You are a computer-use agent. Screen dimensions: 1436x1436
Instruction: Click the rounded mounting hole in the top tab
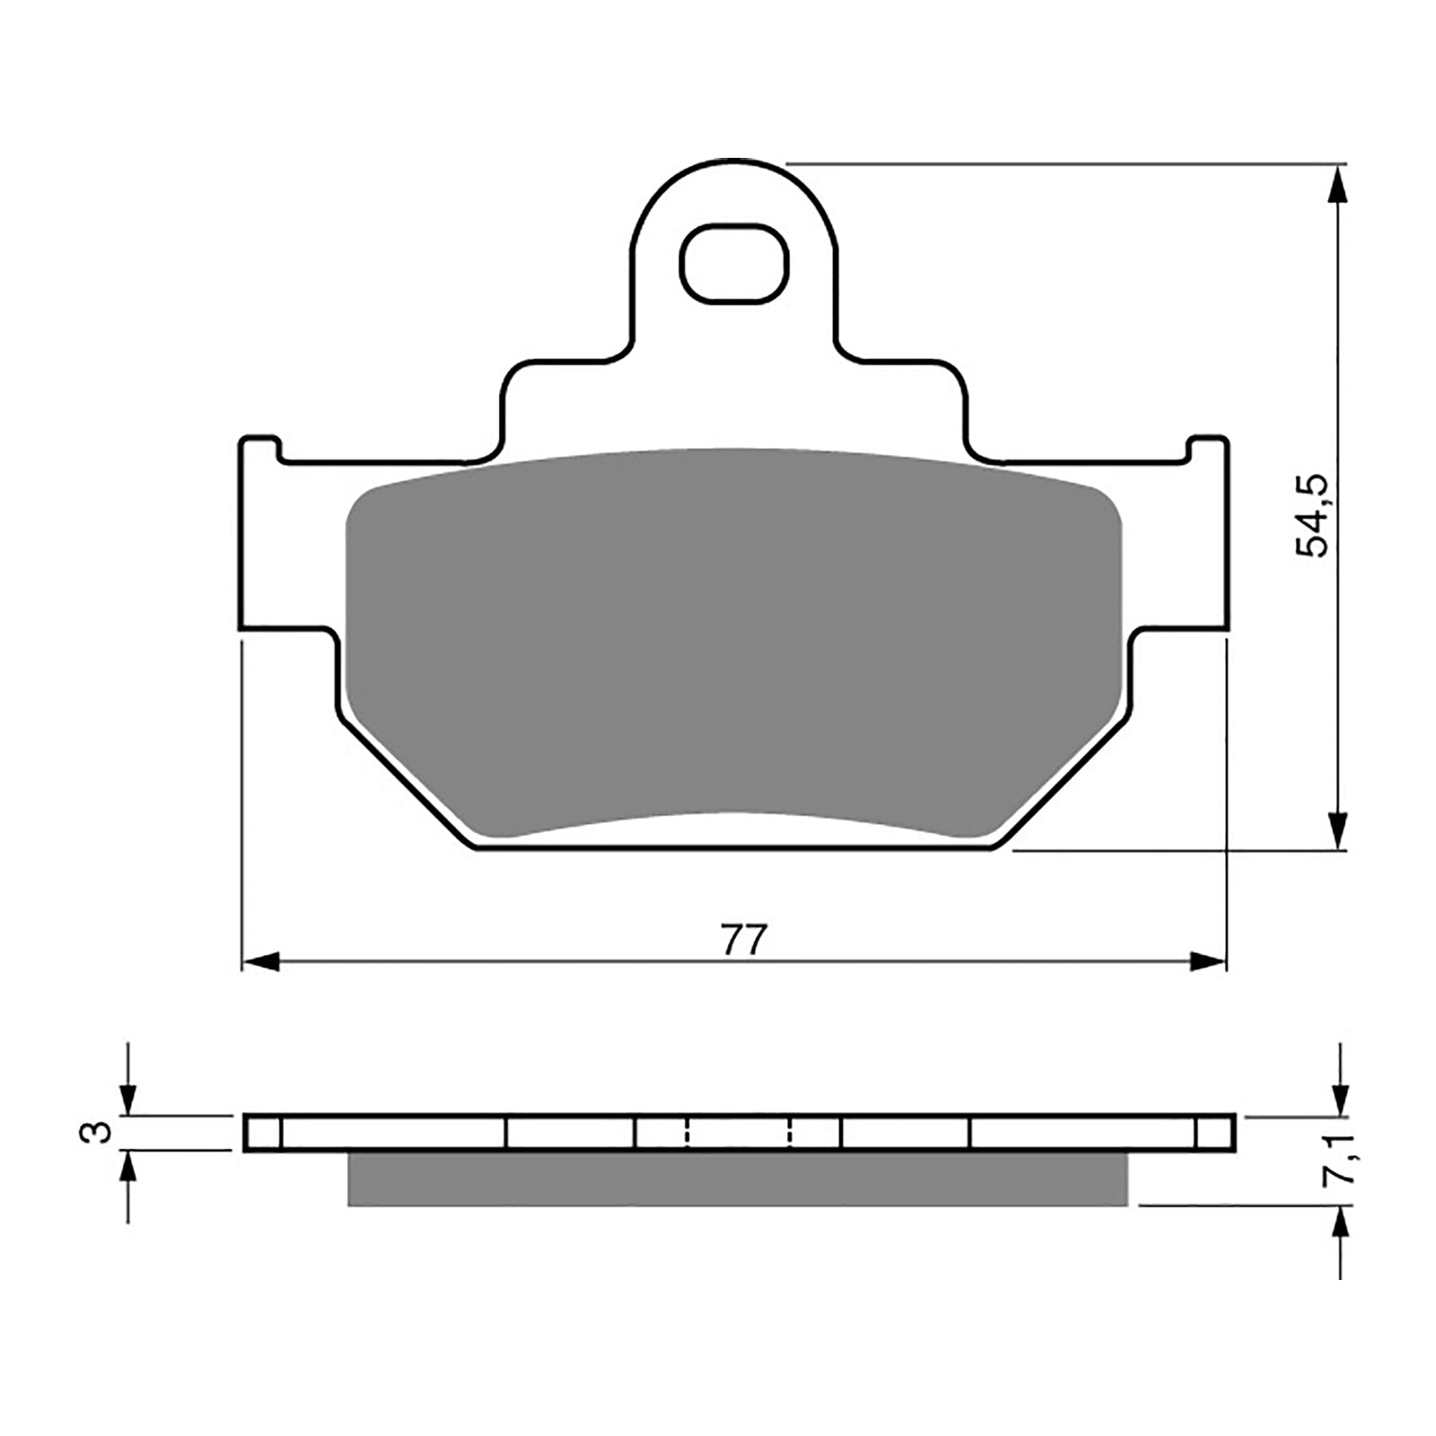(734, 262)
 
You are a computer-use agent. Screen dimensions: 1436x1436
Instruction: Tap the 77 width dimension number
(745, 940)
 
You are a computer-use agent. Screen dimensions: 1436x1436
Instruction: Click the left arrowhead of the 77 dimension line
(261, 962)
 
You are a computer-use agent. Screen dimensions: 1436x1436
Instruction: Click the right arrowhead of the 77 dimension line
(1208, 962)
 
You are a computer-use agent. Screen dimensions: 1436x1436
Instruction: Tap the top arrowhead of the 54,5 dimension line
(1338, 185)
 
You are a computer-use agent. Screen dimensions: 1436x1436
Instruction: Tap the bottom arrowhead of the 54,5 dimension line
(1338, 829)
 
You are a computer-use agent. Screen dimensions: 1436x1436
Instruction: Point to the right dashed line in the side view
(791, 1133)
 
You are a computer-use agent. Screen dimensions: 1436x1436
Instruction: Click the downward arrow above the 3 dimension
(128, 1096)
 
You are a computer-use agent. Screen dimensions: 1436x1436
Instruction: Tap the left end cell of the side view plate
(263, 1133)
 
